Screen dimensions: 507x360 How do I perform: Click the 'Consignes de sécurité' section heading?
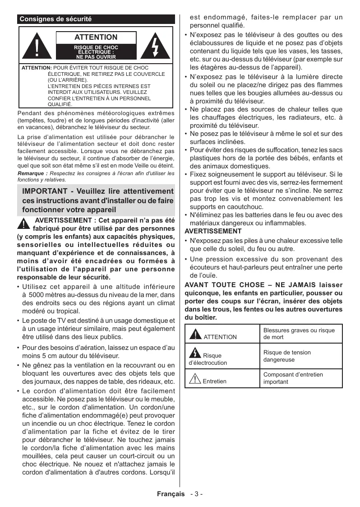point(55,19)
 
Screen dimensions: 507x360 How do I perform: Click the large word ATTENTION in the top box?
point(96,37)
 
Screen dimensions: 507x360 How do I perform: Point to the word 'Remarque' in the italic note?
point(31,173)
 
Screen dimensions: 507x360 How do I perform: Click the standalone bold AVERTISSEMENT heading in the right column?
point(207,231)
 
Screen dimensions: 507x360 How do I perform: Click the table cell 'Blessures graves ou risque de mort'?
point(299,334)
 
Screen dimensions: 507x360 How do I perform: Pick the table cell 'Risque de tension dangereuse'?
point(287,356)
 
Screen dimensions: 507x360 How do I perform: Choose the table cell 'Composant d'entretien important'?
point(293,378)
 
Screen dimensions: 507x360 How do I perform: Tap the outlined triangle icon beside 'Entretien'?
point(195,379)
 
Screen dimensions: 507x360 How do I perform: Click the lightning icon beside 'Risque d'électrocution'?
point(195,353)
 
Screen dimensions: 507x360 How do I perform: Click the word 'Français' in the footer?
point(171,494)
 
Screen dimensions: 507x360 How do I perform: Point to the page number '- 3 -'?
point(196,494)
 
